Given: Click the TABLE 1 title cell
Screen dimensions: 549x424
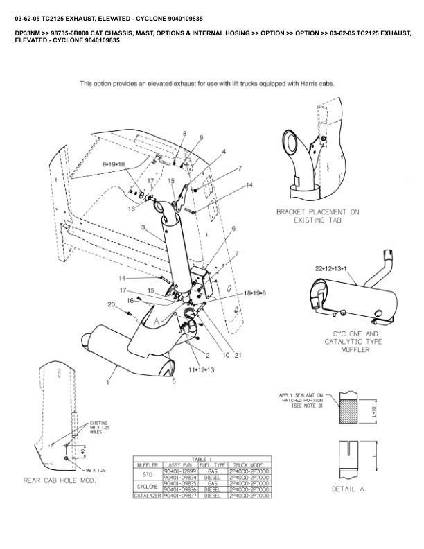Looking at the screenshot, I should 202,458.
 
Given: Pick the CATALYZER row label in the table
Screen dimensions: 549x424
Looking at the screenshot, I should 147,496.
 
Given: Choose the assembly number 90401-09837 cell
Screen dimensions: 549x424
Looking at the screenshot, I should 177,496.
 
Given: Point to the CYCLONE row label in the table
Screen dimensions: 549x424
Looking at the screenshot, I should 147,486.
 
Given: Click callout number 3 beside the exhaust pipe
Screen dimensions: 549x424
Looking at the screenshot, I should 142,227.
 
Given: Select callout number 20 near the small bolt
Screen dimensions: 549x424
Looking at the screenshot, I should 111,304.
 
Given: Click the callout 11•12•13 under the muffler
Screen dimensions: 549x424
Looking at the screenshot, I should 201,371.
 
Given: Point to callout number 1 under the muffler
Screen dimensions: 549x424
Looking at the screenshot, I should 109,381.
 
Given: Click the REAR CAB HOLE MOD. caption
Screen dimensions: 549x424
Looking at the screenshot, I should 60,480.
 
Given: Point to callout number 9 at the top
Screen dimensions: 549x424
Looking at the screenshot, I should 201,138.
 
